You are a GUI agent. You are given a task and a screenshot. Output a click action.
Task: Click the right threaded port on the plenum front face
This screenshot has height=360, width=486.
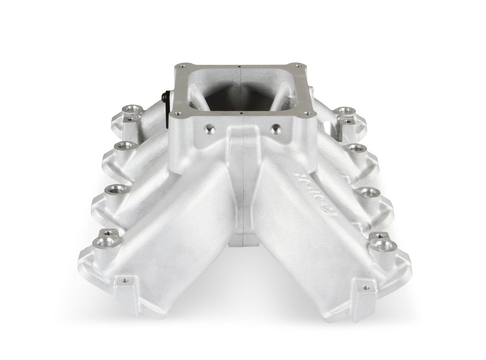pyautogui.click(x=276, y=130)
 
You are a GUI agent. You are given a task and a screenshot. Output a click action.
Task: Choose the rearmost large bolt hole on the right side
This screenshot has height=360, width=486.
pyautogui.click(x=346, y=111)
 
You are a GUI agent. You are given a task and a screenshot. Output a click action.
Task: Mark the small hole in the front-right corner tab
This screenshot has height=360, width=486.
pyautogui.click(x=365, y=287)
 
